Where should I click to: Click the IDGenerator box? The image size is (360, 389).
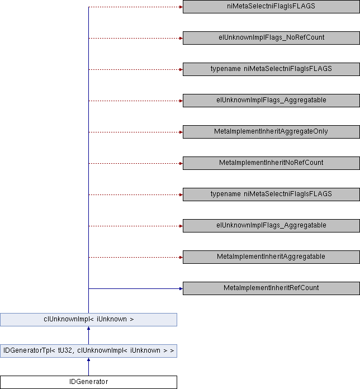tap(88, 382)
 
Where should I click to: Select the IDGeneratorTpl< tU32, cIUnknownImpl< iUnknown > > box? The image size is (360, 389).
tap(88, 351)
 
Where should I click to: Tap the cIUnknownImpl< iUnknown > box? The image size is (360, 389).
tap(88, 320)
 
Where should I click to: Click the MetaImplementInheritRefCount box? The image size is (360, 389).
tap(271, 288)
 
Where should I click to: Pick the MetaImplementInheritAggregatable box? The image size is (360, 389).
tap(271, 257)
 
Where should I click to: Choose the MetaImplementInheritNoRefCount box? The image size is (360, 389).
tap(271, 163)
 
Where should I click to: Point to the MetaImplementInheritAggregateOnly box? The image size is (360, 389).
tap(271, 132)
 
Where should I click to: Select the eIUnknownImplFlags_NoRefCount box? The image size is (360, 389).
tap(271, 38)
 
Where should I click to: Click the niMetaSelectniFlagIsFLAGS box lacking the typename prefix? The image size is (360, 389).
tap(271, 7)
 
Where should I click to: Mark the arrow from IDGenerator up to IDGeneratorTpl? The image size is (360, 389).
tap(88, 367)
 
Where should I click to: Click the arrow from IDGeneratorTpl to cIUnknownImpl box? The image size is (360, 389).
tap(88, 335)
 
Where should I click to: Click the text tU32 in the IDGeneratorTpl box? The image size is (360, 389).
tap(58, 351)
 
